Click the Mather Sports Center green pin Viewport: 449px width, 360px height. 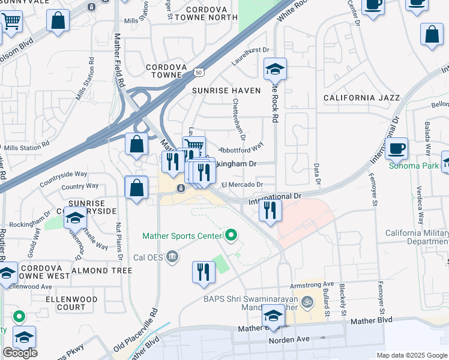(230, 235)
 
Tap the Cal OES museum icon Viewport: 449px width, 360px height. (173, 258)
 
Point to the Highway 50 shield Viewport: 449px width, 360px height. (199, 72)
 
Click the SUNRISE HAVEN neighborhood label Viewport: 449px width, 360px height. (226, 91)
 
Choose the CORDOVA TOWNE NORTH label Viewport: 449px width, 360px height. (212, 14)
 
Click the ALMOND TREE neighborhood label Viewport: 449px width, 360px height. (101, 271)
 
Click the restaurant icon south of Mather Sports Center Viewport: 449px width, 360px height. (203, 271)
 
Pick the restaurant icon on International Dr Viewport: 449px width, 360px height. (270, 210)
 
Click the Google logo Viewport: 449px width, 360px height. (20, 352)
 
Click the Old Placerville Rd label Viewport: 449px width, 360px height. (137, 329)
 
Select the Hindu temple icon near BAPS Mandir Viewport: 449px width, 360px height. (308, 301)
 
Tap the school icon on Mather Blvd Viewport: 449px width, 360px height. (273, 316)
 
